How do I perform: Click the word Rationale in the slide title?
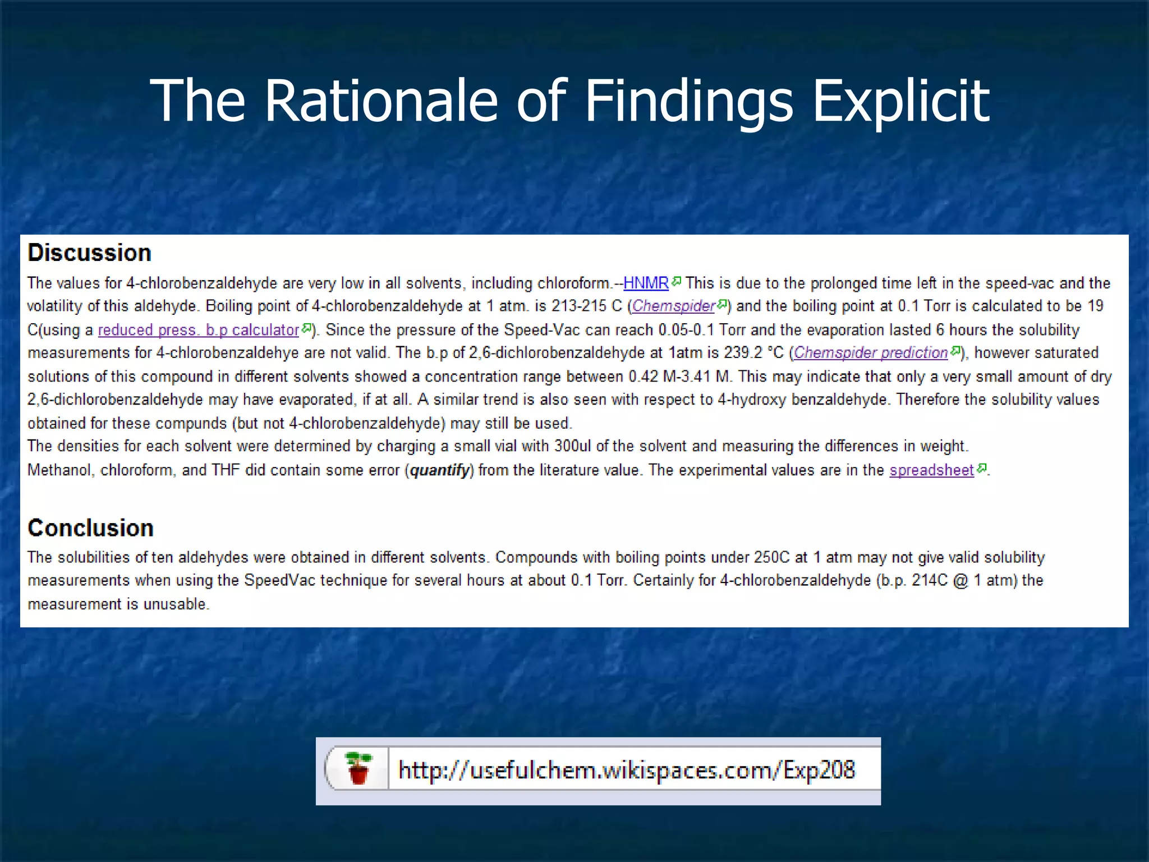(382, 101)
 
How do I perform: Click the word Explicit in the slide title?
(901, 101)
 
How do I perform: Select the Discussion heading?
(90, 253)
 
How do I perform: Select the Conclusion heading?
(91, 528)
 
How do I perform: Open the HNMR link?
(646, 283)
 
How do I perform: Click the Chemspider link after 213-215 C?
(673, 306)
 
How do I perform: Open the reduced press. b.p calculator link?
(199, 330)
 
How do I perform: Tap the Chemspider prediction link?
(871, 353)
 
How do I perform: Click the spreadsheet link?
(931, 470)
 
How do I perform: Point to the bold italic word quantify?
(439, 470)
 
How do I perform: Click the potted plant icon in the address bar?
(359, 769)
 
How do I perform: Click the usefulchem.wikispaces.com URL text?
(626, 770)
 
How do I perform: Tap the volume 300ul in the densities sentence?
(573, 446)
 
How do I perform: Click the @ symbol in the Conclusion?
(960, 580)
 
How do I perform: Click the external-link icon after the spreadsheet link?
(981, 468)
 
